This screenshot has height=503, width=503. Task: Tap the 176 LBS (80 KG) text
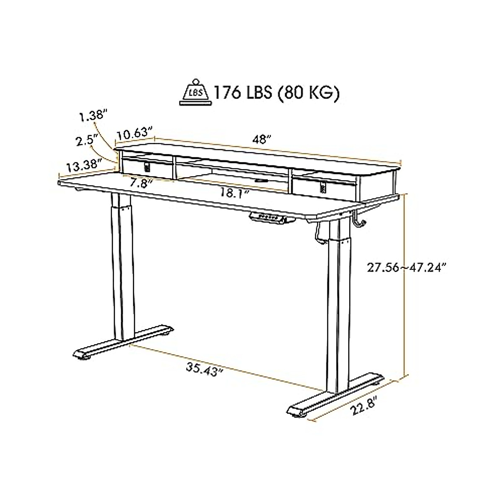pyautogui.click(x=276, y=93)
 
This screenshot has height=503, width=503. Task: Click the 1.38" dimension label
pyautogui.click(x=94, y=115)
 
